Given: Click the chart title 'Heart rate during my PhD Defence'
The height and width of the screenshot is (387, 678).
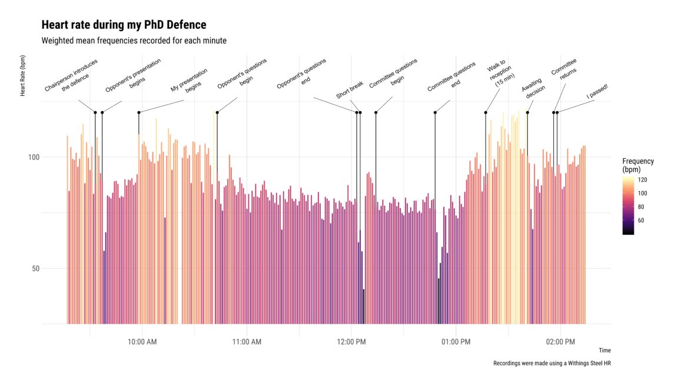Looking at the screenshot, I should (x=124, y=25).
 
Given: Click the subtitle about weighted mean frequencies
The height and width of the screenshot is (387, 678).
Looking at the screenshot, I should (x=134, y=41).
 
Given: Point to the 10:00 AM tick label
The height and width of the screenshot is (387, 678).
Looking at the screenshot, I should (x=142, y=342).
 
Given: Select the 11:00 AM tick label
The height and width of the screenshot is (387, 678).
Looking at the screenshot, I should (x=247, y=342).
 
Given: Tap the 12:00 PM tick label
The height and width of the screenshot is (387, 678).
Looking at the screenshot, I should (x=351, y=342).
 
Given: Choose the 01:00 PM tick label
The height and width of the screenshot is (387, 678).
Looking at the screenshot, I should (x=456, y=342).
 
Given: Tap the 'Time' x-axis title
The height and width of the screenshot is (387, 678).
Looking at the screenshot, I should (x=604, y=351).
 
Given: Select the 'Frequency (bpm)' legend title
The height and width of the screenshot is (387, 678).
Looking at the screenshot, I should (x=637, y=165).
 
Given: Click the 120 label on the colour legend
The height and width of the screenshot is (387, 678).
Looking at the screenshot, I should (x=643, y=181).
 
